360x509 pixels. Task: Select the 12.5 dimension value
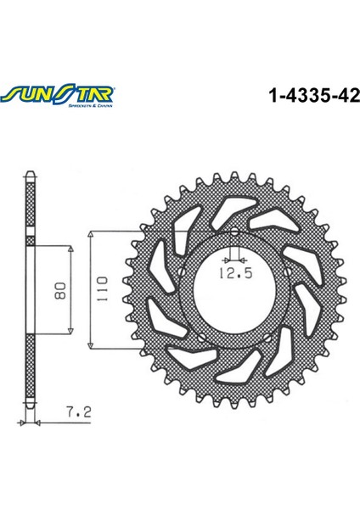point(230,272)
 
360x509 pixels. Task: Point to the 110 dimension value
point(100,289)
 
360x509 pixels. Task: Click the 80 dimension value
point(59,291)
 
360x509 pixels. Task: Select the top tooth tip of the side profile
point(31,175)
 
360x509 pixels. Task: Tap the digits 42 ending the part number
point(347,96)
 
